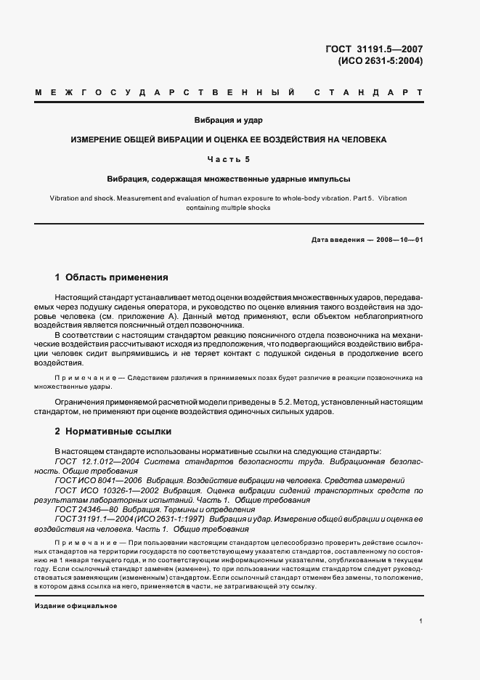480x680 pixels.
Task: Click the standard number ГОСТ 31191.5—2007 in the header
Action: (x=375, y=49)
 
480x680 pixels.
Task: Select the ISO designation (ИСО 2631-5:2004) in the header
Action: (x=380, y=61)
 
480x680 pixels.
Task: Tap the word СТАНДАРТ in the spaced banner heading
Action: (x=367, y=94)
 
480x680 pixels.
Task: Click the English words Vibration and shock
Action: (x=78, y=198)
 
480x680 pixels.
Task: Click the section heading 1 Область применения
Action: (x=112, y=277)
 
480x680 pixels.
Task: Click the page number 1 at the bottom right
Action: (x=421, y=620)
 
